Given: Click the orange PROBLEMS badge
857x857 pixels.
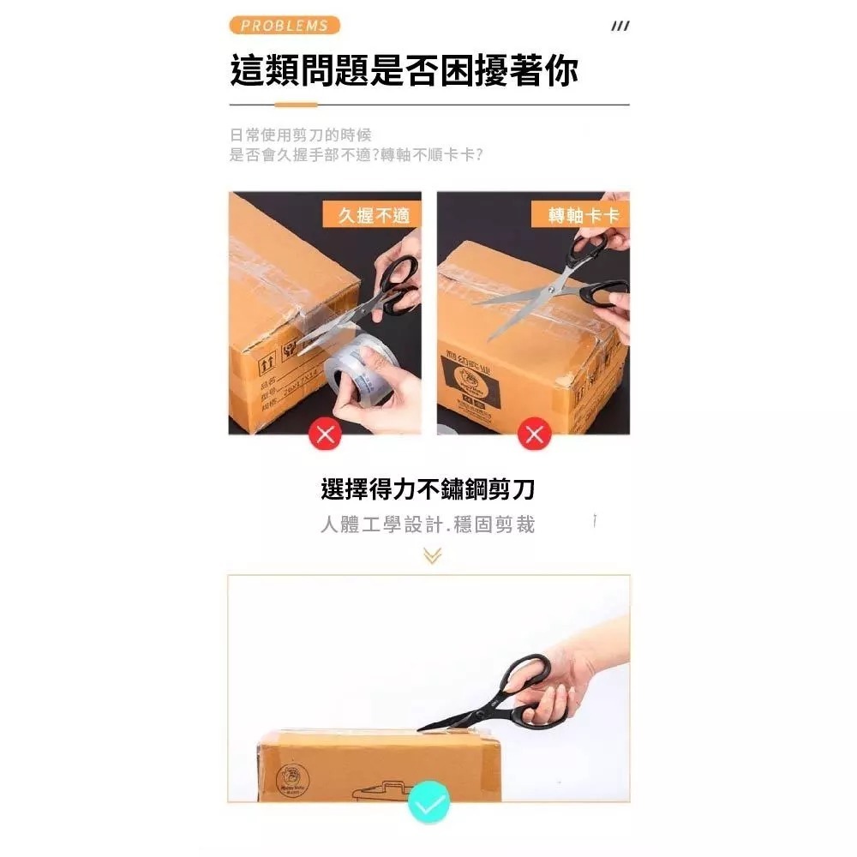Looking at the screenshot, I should [285, 26].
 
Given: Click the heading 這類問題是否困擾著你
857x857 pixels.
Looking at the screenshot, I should [404, 70].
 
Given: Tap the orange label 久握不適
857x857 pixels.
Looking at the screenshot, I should [372, 215].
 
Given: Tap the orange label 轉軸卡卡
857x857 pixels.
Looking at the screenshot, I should [583, 215].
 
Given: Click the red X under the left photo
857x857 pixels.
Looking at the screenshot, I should [325, 434].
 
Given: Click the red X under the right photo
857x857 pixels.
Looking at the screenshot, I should [535, 434].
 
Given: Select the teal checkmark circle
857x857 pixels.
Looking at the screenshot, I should [428, 804].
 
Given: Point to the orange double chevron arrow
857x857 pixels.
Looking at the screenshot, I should [432, 556].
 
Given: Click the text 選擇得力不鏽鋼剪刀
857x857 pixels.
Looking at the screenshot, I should [428, 490].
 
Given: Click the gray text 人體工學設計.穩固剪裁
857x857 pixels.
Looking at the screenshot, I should [428, 524].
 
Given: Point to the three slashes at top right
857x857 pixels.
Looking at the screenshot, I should [620, 27].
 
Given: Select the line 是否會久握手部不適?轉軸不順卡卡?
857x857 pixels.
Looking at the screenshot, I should [357, 155].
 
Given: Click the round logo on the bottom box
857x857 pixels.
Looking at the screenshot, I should [291, 781].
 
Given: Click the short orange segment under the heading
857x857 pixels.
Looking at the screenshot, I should [296, 105].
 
